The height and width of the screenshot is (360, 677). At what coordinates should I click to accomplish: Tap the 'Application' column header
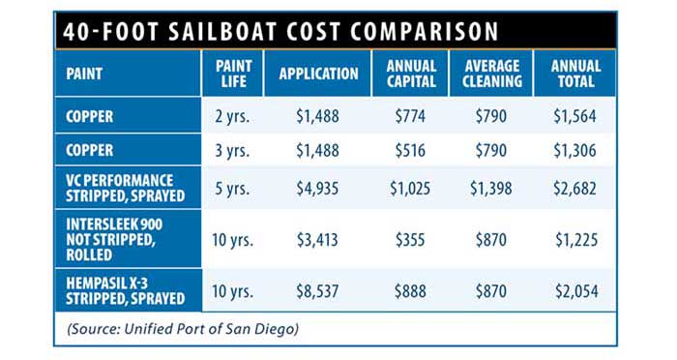tap(318, 74)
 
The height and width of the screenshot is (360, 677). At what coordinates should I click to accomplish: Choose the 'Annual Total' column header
tap(575, 73)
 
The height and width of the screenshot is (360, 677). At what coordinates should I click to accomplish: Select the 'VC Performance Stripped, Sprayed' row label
tap(119, 187)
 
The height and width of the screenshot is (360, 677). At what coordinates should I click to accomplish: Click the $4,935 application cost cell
tap(318, 187)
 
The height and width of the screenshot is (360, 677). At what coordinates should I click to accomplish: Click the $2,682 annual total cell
tap(575, 187)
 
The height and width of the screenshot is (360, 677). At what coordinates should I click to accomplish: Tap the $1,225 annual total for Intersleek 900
tap(575, 238)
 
